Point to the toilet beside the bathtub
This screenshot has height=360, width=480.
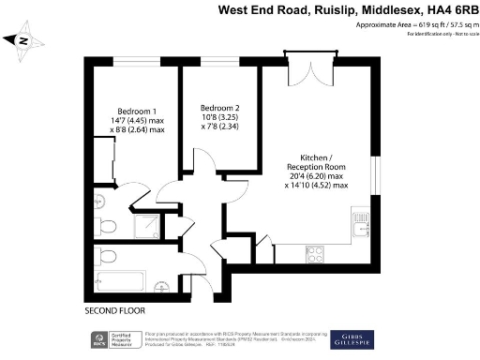(105, 256)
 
